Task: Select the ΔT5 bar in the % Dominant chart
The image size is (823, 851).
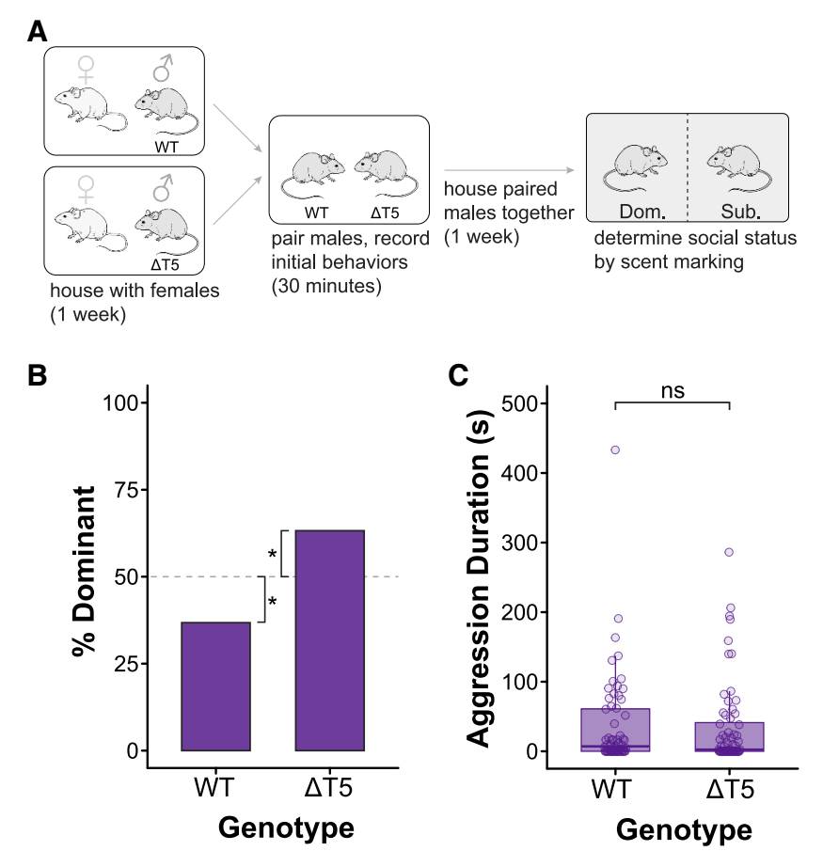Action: [330, 640]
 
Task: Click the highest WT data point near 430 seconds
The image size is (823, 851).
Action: [615, 450]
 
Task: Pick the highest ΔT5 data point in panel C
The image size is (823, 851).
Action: [728, 553]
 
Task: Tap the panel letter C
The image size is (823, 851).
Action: [459, 375]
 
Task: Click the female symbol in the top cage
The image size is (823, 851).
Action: [87, 69]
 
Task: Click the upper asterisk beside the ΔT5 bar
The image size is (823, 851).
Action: [273, 554]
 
